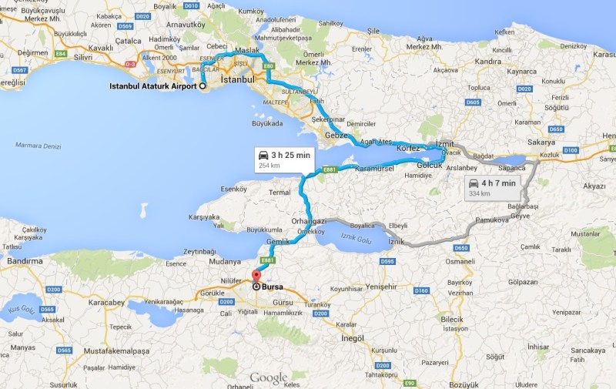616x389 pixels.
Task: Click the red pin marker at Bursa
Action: click(x=256, y=277)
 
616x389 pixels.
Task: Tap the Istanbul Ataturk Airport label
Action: click(x=152, y=86)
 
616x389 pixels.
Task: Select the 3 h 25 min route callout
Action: click(x=285, y=159)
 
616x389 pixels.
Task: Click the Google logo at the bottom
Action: click(x=268, y=378)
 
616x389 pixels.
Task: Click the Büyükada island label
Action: click(x=264, y=122)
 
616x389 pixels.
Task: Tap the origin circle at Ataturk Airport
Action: click(x=203, y=86)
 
